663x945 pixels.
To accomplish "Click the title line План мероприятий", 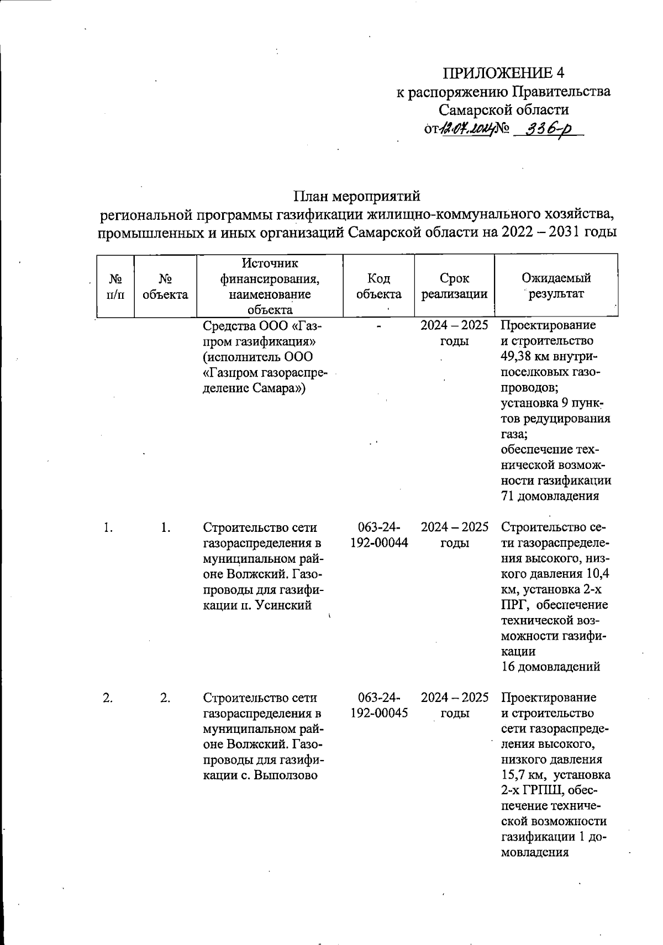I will point(356,196).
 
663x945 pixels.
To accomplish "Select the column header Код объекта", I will point(378,286).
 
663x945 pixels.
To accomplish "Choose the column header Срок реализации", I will point(454,286).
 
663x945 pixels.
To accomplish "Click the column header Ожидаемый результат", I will point(556,286).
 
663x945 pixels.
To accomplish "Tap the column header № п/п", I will point(115,286).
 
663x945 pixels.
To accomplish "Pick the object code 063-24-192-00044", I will point(378,535).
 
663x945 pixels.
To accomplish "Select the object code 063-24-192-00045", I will point(378,705).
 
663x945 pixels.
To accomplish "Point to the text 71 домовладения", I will point(549,496).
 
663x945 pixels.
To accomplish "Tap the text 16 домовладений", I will point(550,667).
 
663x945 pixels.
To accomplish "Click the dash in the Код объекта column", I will point(378,326).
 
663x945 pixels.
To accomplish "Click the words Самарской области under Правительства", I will point(503,109).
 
